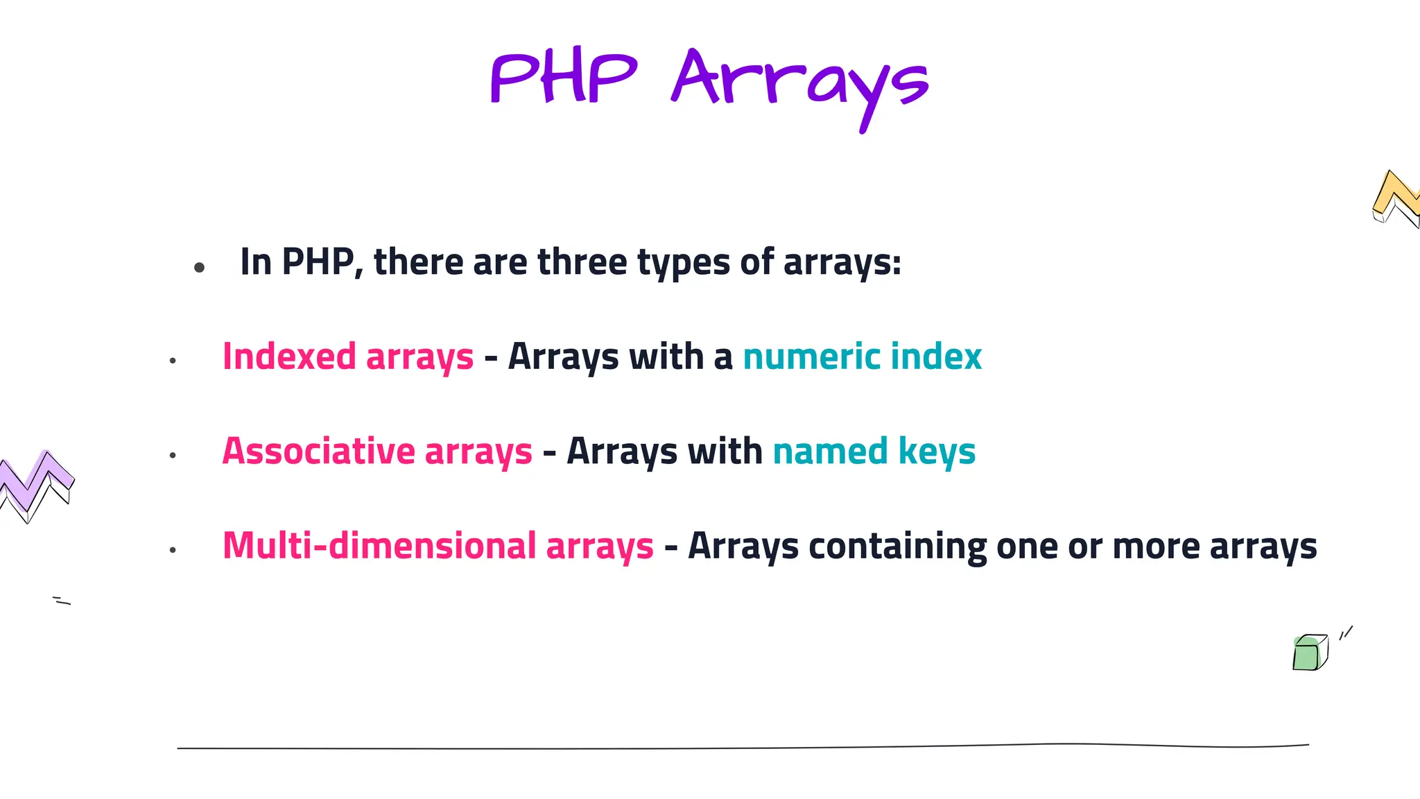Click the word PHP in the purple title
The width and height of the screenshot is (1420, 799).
pos(563,78)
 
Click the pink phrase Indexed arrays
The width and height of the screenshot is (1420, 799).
pos(348,356)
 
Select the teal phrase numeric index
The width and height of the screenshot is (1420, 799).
pos(862,356)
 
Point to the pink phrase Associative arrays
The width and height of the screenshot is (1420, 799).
pos(377,452)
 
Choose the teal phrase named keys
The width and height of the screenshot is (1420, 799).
pos(874,452)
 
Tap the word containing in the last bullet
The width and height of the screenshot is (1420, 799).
pos(897,546)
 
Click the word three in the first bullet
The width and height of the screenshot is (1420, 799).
pos(582,262)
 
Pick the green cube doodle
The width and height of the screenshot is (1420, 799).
pos(1309,653)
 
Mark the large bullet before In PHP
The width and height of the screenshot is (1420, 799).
pos(200,267)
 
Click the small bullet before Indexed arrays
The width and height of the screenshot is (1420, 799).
pos(173,361)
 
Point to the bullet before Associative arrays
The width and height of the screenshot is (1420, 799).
pos(173,456)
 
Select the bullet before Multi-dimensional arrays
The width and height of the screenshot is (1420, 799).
pos(173,550)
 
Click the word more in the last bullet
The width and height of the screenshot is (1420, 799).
pos(1156,547)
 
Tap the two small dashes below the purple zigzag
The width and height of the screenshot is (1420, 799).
pos(62,601)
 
